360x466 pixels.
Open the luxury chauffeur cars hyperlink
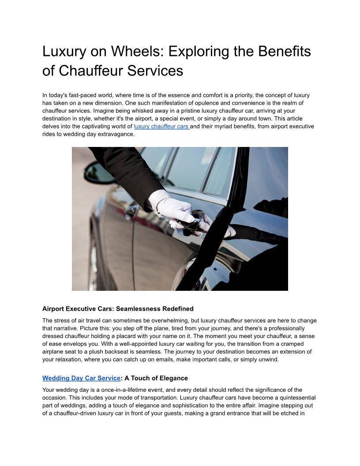point(161,127)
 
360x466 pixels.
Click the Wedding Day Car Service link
point(81,378)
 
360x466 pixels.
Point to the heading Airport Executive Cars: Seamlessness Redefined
point(118,308)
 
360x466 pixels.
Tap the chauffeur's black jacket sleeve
point(128,172)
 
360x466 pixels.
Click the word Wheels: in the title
point(137,52)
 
